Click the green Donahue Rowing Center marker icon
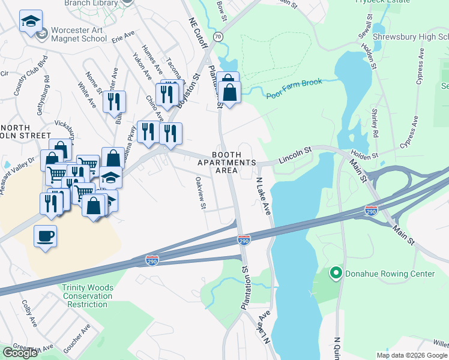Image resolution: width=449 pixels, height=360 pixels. pyautogui.click(x=336, y=274)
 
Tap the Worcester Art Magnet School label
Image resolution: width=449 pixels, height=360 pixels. pyautogui.click(x=78, y=34)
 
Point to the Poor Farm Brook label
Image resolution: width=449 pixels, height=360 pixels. pyautogui.click(x=294, y=88)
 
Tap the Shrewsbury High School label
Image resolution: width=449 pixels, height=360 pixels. pyautogui.click(x=411, y=37)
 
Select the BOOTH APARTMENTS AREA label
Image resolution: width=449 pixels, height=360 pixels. pyautogui.click(x=234, y=163)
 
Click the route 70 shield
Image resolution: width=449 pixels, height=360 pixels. pyautogui.click(x=218, y=37)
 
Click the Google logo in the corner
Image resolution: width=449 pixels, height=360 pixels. pyautogui.click(x=20, y=353)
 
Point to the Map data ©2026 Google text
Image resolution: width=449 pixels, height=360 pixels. pyautogui.click(x=412, y=355)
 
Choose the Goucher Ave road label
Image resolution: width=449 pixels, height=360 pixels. pyautogui.click(x=76, y=338)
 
